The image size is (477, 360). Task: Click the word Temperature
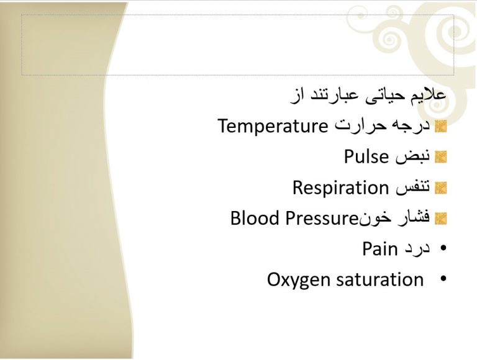tap(273, 126)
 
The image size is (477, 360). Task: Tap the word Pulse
tap(366, 156)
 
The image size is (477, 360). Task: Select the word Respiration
tap(341, 187)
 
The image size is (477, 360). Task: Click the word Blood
tap(255, 218)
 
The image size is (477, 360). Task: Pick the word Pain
tap(380, 249)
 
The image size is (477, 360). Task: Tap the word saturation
tap(380, 279)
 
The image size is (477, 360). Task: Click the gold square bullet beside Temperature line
tap(441, 127)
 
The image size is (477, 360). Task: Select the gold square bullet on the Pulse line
tap(441, 157)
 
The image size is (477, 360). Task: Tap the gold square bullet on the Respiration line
tap(441, 188)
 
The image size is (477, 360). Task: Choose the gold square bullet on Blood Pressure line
tap(441, 218)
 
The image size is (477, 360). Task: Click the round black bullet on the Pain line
tap(443, 248)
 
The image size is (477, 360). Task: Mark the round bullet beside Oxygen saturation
tap(443, 278)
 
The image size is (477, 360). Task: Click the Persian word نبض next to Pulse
tap(412, 157)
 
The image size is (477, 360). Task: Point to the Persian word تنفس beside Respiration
tap(413, 187)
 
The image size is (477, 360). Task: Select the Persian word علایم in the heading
tap(429, 94)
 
